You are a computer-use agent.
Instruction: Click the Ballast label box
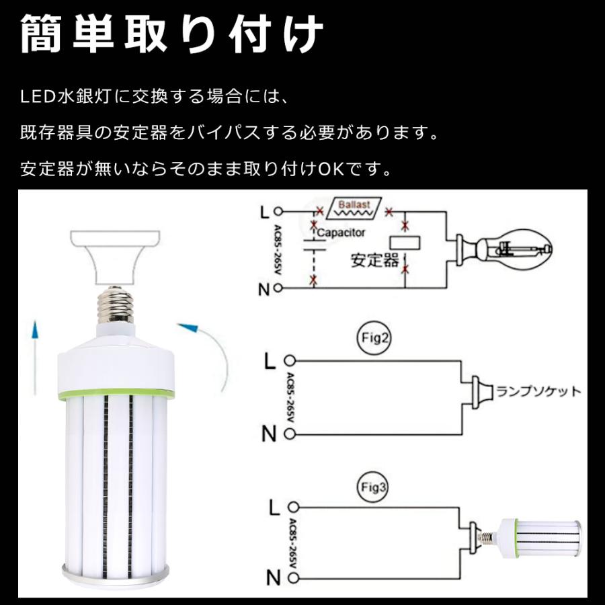pos(353,208)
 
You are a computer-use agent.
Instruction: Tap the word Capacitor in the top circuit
pos(342,233)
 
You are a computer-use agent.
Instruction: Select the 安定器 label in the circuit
pos(374,260)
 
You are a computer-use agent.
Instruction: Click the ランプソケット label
pos(538,391)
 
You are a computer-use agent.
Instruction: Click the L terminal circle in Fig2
pos(290,361)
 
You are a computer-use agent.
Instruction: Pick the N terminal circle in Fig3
pos(290,576)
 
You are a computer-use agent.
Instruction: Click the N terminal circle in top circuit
pos(277,289)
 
